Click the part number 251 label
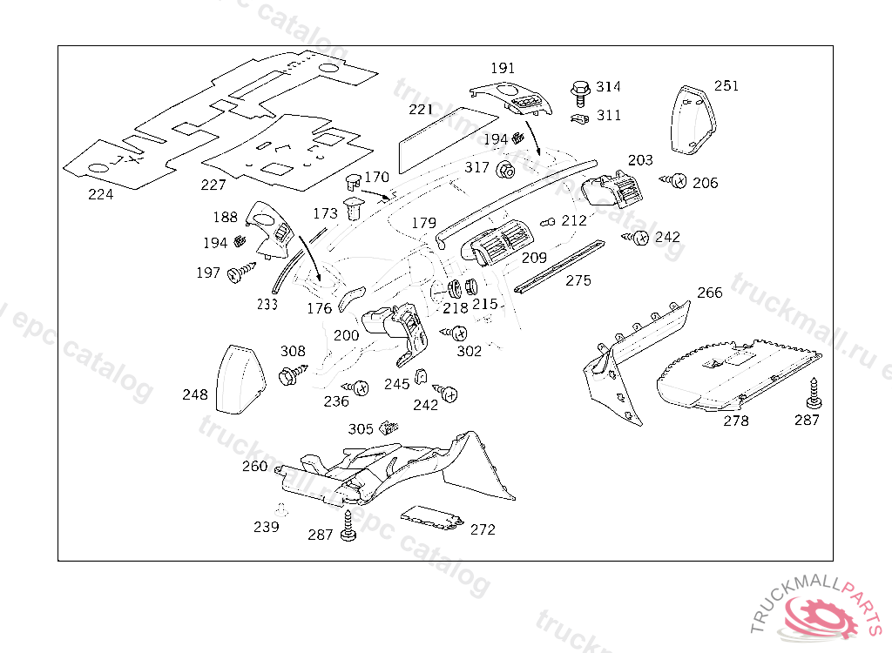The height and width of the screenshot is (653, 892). click(726, 86)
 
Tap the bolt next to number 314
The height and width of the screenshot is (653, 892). click(580, 93)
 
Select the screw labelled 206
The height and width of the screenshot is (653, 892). click(674, 181)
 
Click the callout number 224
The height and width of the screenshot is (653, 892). click(101, 194)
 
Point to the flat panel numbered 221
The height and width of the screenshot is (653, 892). click(448, 139)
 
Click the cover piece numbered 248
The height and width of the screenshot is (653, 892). click(240, 380)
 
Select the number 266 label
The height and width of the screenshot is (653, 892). click(709, 293)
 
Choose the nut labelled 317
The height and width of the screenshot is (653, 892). click(505, 170)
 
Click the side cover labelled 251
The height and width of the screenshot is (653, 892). click(693, 119)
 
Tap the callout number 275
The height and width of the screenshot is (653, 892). click(578, 281)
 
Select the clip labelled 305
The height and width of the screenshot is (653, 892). click(389, 427)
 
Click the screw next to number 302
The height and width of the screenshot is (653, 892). click(455, 333)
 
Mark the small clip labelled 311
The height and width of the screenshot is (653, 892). click(579, 118)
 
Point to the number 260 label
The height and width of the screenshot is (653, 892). click(255, 467)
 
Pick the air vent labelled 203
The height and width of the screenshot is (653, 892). click(612, 189)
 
